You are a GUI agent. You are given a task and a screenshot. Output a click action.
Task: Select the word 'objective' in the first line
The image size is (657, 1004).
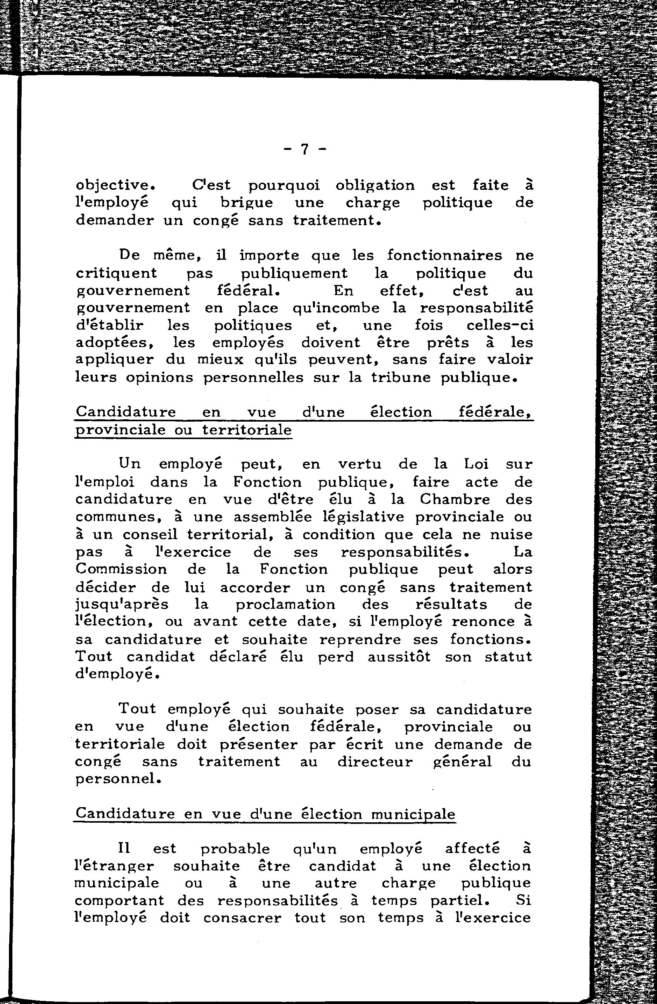(112, 185)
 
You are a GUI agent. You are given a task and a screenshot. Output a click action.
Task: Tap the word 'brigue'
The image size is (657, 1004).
(247, 203)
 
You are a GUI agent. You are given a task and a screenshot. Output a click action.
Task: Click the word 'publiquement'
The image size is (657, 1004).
(294, 273)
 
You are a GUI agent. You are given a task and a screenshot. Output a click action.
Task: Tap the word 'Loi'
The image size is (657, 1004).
(476, 464)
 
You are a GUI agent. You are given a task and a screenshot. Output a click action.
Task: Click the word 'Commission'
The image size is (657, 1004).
(121, 569)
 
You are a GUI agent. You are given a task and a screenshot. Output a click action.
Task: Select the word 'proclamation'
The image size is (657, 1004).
(285, 604)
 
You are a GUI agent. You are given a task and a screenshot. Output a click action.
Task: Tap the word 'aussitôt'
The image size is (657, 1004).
(399, 657)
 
